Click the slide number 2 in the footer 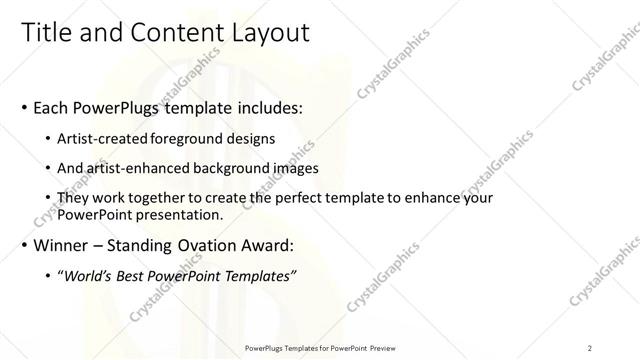click(590, 348)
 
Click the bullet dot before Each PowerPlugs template click(24, 106)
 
